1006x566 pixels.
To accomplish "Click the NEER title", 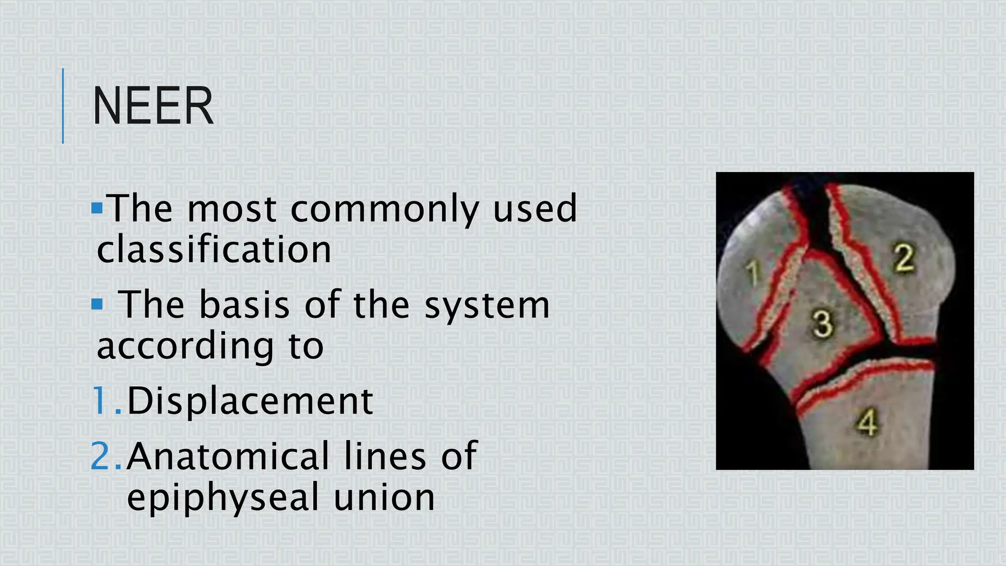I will click(153, 106).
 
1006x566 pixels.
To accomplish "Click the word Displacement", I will click(250, 401).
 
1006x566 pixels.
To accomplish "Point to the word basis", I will click(245, 305).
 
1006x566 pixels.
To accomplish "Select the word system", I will click(487, 305).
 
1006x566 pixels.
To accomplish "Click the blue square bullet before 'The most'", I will click(97, 208).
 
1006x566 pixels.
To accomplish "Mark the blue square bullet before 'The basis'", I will click(97, 305).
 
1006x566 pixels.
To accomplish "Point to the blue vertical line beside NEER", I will click(63, 106).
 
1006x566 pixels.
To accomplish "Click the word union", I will click(384, 497).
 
